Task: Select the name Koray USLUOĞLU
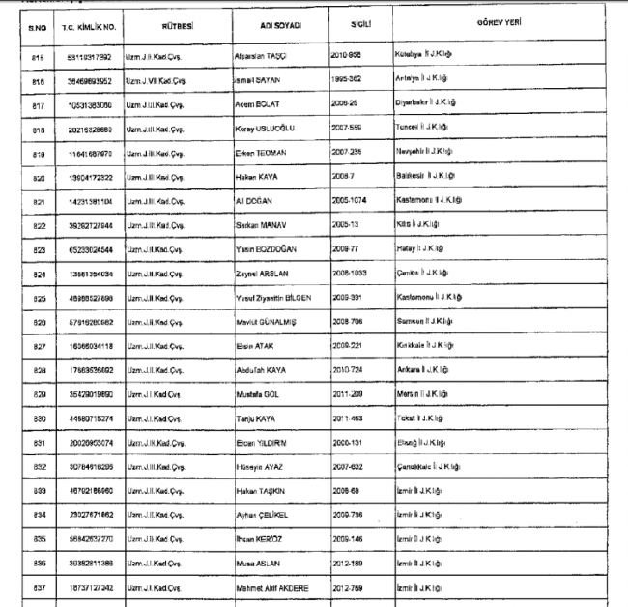(267, 128)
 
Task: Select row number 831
(39, 443)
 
